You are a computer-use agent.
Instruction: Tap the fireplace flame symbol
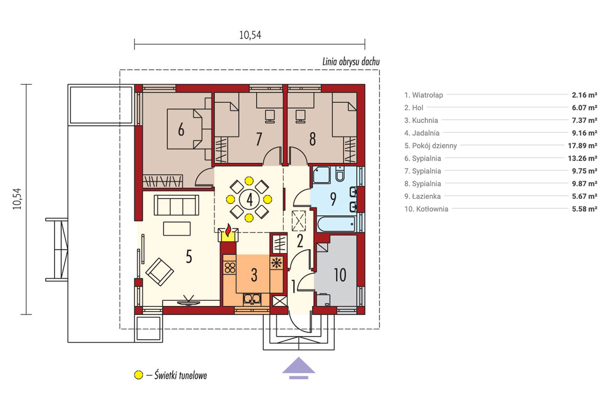(x=228, y=230)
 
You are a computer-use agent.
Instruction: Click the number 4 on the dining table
(x=249, y=199)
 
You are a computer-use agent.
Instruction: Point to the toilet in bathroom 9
(x=339, y=174)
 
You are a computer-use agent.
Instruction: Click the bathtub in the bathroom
(x=337, y=224)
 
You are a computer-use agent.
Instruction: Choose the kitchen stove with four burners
(x=229, y=268)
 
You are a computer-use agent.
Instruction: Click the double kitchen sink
(x=252, y=299)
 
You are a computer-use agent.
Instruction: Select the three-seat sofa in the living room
(x=176, y=205)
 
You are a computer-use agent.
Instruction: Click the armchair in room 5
(x=159, y=272)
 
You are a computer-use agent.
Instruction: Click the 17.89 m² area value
(x=582, y=146)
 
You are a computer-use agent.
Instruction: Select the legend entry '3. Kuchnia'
(x=421, y=120)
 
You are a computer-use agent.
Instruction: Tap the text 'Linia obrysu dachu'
(x=351, y=62)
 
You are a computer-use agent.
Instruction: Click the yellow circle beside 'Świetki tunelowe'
(x=139, y=375)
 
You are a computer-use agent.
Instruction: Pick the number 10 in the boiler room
(x=340, y=275)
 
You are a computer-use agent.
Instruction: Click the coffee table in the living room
(x=177, y=228)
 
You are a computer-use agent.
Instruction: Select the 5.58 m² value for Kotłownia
(x=584, y=209)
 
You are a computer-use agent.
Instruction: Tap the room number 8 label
(x=312, y=139)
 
